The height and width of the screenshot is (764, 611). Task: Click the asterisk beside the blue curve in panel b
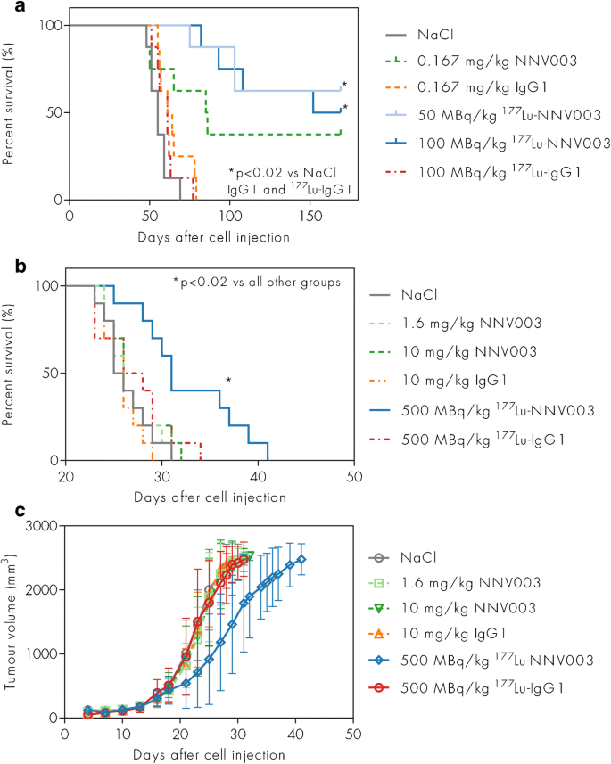(229, 382)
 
